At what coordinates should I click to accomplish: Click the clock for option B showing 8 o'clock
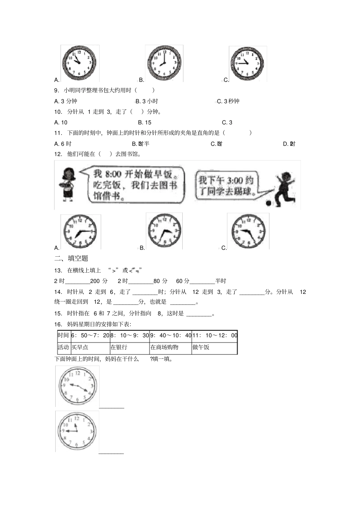point(164,63)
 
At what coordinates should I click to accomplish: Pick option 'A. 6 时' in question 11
point(63,144)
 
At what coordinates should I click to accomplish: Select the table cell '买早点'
point(80,347)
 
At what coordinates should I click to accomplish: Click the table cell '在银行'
point(119,347)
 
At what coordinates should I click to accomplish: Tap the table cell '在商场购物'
point(164,347)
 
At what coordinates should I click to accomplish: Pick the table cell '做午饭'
point(201,347)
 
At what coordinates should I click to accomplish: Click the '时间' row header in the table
point(63,335)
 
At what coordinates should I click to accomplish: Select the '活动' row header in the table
point(63,347)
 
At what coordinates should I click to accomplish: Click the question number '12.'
point(58,154)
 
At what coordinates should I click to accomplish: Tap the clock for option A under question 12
point(80,231)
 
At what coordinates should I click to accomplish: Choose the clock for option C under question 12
point(248,231)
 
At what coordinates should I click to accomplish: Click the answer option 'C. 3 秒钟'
point(228,101)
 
